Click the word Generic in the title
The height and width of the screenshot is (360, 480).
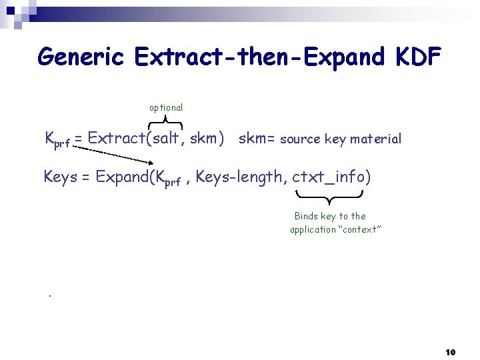(x=81, y=57)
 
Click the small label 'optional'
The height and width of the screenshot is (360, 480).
(x=166, y=107)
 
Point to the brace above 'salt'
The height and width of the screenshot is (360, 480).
(x=165, y=121)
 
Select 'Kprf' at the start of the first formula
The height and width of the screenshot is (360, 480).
(x=57, y=140)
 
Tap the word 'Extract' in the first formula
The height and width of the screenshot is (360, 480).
(x=116, y=139)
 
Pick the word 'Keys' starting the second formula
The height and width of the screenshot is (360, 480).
(x=60, y=177)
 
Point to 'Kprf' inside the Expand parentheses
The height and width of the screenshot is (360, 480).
(x=167, y=179)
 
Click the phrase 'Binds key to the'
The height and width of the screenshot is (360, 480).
(x=330, y=216)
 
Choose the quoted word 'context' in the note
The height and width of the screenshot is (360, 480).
(x=360, y=229)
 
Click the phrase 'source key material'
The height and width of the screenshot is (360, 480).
(x=341, y=139)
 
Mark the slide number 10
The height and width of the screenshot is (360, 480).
(x=450, y=351)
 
